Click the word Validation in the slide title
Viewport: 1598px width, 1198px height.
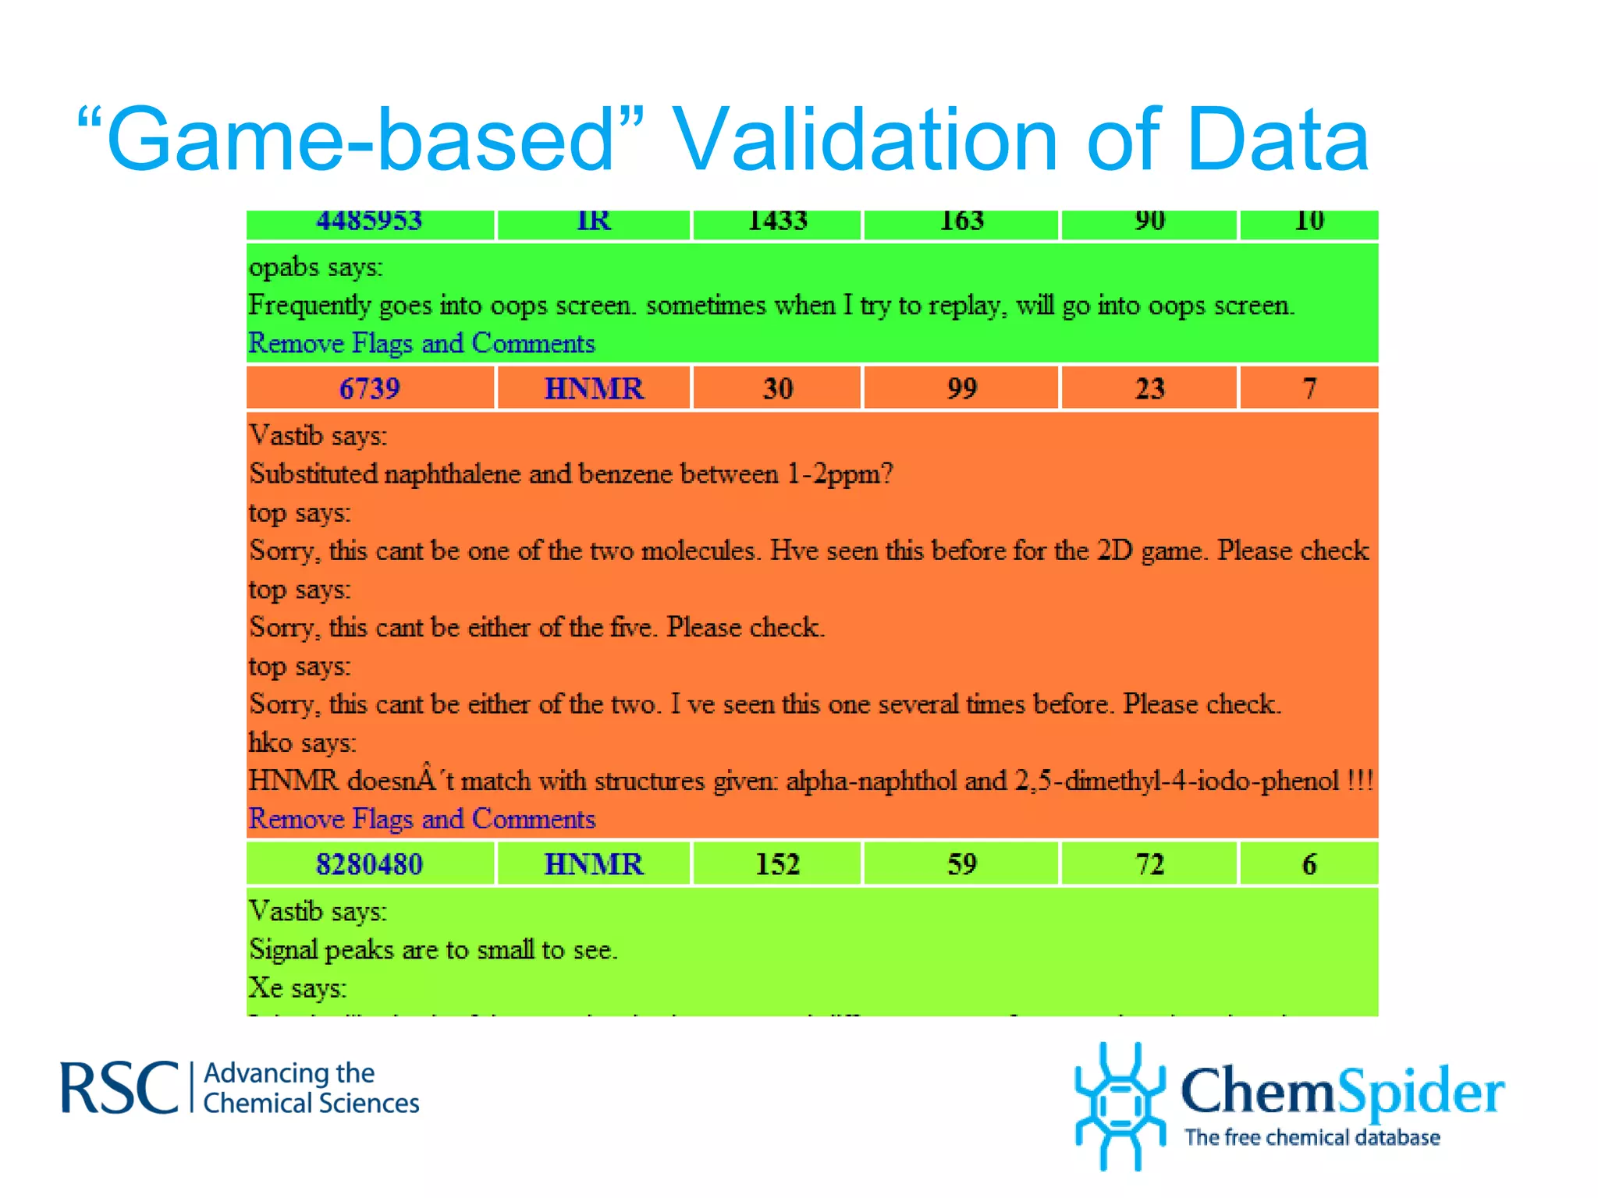point(865,140)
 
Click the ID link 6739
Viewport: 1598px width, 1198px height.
point(369,388)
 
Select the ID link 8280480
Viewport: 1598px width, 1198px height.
point(369,864)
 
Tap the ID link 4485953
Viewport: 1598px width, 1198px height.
point(369,222)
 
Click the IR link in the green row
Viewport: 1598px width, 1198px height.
point(593,222)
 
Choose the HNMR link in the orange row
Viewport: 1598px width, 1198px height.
point(593,388)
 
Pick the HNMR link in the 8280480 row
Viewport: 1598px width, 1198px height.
point(593,864)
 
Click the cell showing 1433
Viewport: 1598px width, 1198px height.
point(777,222)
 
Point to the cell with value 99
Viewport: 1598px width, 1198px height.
point(961,388)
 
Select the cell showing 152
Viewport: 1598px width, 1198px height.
point(777,864)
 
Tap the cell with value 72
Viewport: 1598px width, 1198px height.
point(1149,864)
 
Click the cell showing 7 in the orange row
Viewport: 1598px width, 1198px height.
point(1309,388)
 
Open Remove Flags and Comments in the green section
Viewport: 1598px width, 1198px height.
point(421,343)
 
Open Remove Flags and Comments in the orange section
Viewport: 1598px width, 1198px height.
point(421,819)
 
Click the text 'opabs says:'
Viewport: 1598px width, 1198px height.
point(316,268)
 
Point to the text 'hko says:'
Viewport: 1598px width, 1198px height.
point(302,743)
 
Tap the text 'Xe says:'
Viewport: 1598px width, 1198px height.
point(297,988)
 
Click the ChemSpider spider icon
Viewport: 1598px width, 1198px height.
point(1120,1106)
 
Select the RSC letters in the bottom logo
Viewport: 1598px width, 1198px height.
point(119,1088)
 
